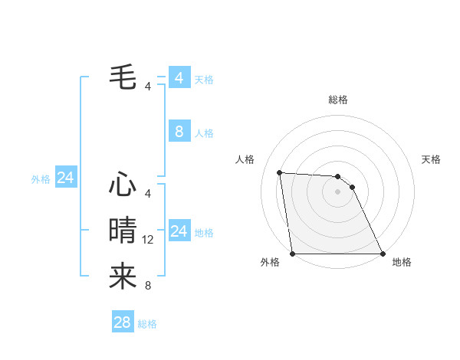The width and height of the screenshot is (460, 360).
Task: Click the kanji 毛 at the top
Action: tap(123, 76)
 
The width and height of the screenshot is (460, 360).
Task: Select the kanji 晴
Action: tap(123, 229)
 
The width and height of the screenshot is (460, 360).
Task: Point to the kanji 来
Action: tap(123, 276)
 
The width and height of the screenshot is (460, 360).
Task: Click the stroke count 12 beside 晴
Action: tap(148, 240)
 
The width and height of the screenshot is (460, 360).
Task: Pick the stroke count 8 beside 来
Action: tap(148, 286)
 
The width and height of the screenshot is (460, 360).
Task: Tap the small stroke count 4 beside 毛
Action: tap(148, 86)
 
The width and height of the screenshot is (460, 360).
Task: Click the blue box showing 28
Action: tap(122, 322)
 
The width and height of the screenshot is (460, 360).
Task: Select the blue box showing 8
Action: tap(179, 132)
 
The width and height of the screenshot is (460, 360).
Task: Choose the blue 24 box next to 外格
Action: tap(65, 178)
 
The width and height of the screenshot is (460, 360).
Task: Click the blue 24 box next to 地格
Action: tap(179, 231)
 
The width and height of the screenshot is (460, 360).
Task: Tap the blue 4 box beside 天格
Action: tap(179, 78)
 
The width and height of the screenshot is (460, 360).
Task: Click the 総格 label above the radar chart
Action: tap(337, 100)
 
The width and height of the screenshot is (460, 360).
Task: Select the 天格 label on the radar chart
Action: tap(431, 159)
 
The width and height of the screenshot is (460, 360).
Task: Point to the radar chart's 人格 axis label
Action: tap(245, 159)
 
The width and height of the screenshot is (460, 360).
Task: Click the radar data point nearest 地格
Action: tap(383, 254)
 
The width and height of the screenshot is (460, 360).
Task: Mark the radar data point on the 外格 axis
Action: tap(292, 254)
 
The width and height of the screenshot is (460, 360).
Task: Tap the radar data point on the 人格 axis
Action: tap(279, 172)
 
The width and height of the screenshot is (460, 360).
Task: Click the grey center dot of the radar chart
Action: tap(337, 191)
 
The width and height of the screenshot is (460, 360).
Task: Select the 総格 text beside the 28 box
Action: tap(147, 324)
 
